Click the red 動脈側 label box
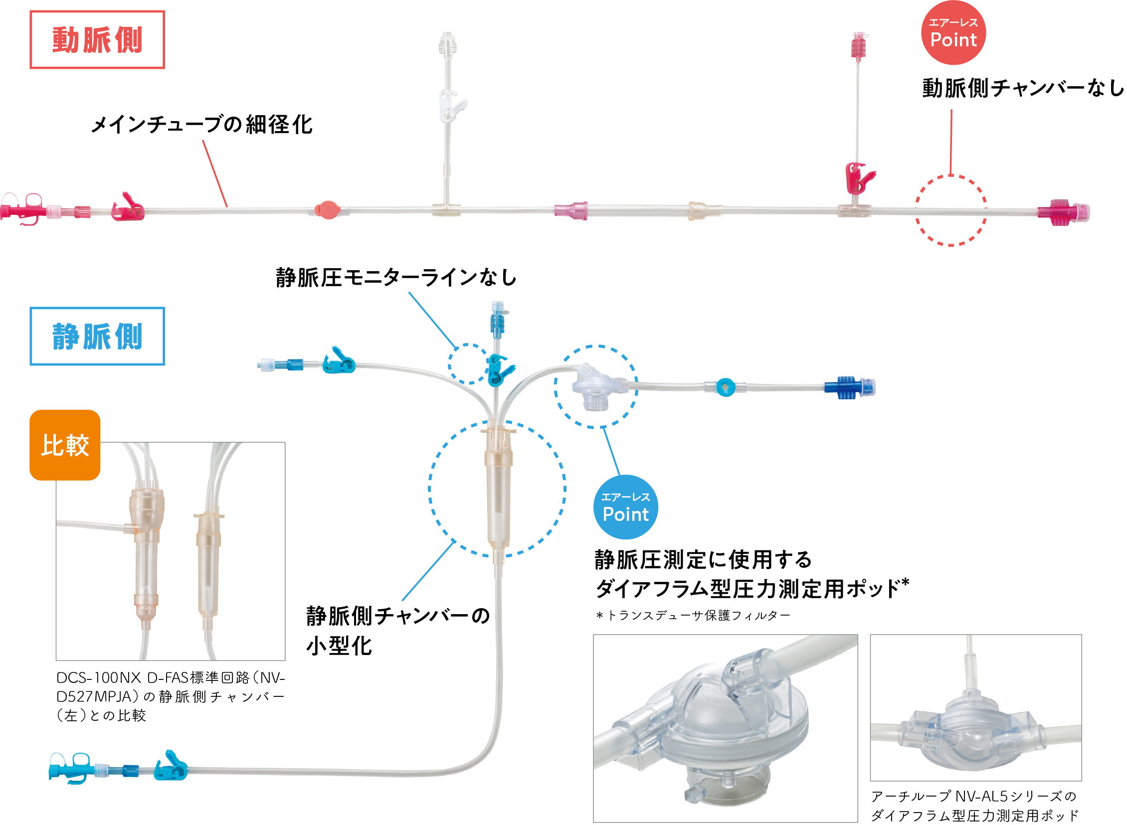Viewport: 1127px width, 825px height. tap(97, 39)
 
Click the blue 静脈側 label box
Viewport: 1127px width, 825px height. tap(97, 336)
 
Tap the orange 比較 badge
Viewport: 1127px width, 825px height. tap(65, 445)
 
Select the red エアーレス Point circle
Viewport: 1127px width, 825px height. tap(952, 33)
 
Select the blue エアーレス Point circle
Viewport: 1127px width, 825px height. tap(625, 507)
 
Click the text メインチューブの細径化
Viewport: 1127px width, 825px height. tap(202, 125)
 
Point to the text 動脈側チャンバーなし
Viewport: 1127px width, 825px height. tap(1022, 88)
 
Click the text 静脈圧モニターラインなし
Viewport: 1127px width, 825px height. tap(396, 278)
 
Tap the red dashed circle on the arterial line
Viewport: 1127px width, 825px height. tap(950, 210)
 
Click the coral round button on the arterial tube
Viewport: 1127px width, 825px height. tap(327, 209)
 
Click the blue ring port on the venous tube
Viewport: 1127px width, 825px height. tap(725, 387)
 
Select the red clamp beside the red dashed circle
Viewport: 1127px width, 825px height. tap(858, 177)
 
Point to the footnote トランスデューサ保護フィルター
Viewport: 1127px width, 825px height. tap(693, 616)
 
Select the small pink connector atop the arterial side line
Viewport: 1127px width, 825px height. tap(859, 46)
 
